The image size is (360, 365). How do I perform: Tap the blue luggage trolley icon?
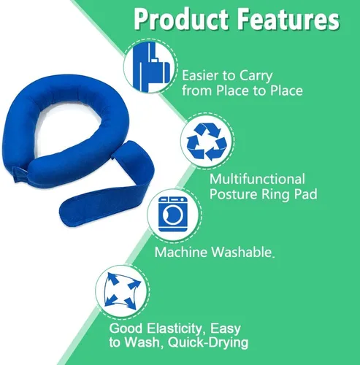150,66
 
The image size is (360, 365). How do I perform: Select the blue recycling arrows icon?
207,142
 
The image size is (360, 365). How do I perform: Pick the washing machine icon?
172,214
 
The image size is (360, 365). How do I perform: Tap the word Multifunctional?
257,179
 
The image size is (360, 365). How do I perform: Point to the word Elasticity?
175,328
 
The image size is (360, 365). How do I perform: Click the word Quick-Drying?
208,342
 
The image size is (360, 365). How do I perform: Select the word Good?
126,328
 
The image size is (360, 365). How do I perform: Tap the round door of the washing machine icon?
173,215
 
